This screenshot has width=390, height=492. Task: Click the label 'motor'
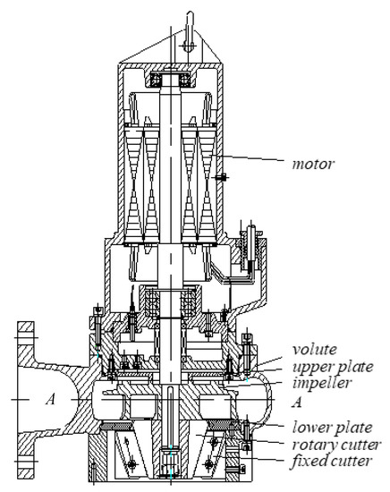tap(313, 164)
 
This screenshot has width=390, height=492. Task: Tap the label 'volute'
tap(314, 349)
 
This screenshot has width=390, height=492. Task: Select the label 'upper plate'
tap(333, 367)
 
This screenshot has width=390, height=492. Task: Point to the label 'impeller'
tap(321, 384)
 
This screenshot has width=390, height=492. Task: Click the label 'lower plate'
tap(332, 428)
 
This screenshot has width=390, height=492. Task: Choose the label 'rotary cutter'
tap(336, 445)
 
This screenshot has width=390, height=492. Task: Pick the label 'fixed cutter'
tap(332, 461)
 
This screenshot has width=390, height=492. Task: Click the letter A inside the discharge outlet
tap(50, 399)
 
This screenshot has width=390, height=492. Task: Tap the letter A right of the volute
tap(296, 403)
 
